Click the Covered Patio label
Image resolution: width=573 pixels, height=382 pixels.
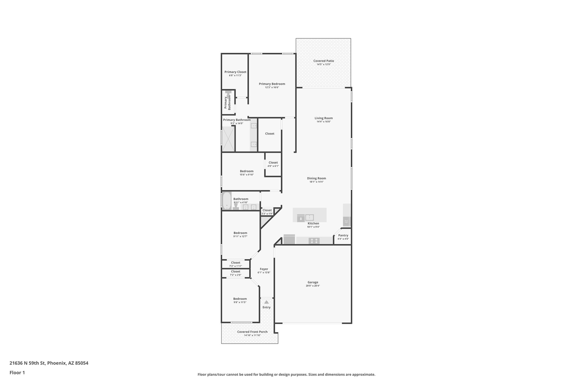point(323,61)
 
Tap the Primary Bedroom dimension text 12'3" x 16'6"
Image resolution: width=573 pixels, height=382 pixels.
point(272,87)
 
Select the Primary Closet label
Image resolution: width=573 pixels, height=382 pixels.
point(235,72)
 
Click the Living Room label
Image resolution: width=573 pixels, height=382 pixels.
point(323,118)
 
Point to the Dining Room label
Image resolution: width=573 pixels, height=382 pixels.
point(316,178)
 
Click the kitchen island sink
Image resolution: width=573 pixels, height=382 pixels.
point(309,217)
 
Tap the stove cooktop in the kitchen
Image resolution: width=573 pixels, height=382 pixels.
point(314,241)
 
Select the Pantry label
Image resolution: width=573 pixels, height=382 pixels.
point(343,235)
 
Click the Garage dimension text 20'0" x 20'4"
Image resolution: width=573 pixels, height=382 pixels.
point(313,286)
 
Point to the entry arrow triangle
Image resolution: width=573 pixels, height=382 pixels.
point(266,302)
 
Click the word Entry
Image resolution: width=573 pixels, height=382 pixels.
point(266,307)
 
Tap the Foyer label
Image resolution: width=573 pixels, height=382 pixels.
point(264,269)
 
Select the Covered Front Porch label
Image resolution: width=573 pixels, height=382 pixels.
point(252,332)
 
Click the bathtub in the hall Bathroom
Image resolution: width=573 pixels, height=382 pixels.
point(227,201)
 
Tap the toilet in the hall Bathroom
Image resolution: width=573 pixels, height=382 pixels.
point(236,207)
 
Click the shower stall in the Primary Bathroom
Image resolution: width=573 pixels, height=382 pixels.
point(228,139)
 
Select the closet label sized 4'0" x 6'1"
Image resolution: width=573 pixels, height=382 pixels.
point(273,163)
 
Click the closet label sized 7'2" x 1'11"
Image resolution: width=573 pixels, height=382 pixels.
point(236,263)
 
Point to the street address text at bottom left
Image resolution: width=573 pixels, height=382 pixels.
point(49,363)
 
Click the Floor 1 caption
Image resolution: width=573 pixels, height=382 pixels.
point(17,372)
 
